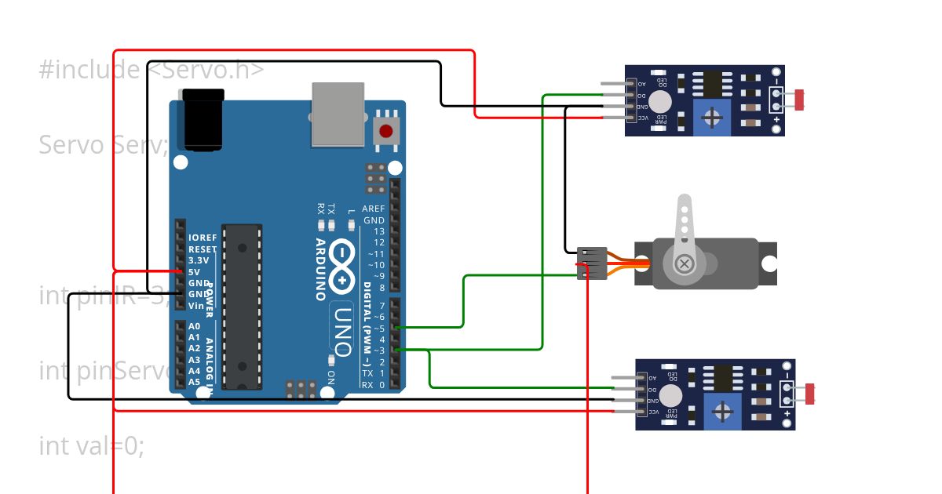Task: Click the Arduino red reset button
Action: [x=385, y=130]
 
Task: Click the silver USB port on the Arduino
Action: [x=338, y=114]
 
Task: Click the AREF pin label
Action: [x=374, y=209]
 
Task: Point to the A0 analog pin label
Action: [x=194, y=325]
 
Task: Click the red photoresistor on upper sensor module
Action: [x=800, y=100]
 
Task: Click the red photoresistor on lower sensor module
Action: [x=810, y=394]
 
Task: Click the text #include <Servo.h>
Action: [x=152, y=71]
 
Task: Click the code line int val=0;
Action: [x=91, y=446]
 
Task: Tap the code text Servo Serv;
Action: [x=103, y=145]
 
